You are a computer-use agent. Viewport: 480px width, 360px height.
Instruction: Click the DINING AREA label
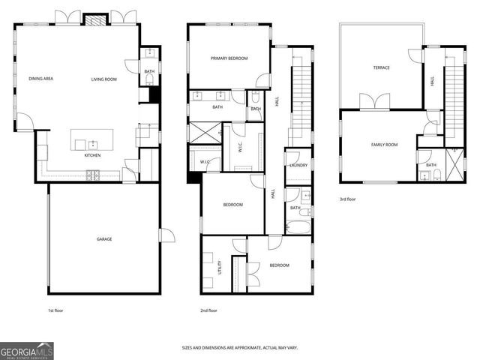point(40,79)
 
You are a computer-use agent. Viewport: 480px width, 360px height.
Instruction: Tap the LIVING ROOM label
point(105,79)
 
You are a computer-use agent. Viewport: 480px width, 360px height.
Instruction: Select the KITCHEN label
point(92,155)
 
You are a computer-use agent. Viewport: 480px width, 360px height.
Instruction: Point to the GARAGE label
point(103,239)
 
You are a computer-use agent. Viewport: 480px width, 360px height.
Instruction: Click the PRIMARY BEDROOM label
point(229,58)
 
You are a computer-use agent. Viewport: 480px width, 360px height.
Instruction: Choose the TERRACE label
point(381,68)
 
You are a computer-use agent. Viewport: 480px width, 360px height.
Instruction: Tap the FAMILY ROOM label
point(384,145)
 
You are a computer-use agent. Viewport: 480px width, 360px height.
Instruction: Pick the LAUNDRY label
point(298,165)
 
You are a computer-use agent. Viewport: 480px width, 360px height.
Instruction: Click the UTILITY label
point(220,267)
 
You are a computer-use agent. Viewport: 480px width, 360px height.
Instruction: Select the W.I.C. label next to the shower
point(206,161)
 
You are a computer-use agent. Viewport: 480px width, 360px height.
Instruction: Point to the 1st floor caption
point(56,310)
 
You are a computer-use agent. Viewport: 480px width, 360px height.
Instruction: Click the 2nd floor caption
point(208,310)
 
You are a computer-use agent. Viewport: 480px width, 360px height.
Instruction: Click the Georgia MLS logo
point(26,351)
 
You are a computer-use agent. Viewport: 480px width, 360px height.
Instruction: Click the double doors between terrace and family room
point(374,101)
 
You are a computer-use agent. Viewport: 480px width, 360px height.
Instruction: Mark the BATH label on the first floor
point(149,71)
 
